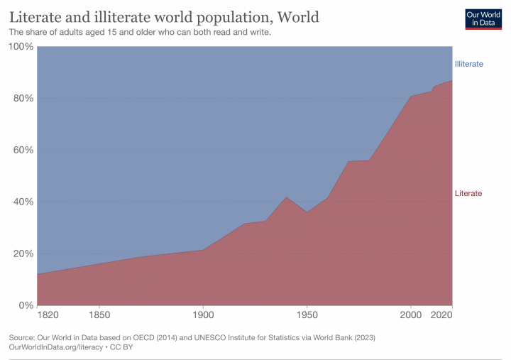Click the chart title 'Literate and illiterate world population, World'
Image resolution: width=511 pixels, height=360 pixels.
point(164,16)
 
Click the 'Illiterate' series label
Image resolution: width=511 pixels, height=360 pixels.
point(468,64)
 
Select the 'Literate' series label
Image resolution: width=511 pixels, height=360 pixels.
point(468,193)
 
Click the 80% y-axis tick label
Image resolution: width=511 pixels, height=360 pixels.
point(21,98)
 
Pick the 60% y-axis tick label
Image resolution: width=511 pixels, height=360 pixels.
point(21,150)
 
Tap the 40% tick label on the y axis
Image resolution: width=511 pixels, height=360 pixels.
point(21,202)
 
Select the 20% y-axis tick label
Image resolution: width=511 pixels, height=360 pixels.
point(21,253)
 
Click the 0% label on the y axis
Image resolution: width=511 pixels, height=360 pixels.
point(24,305)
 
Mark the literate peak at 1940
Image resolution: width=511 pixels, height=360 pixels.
point(286,197)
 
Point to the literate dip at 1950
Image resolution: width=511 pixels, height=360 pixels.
point(307,212)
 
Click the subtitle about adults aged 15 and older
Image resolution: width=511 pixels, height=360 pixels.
point(140,33)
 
